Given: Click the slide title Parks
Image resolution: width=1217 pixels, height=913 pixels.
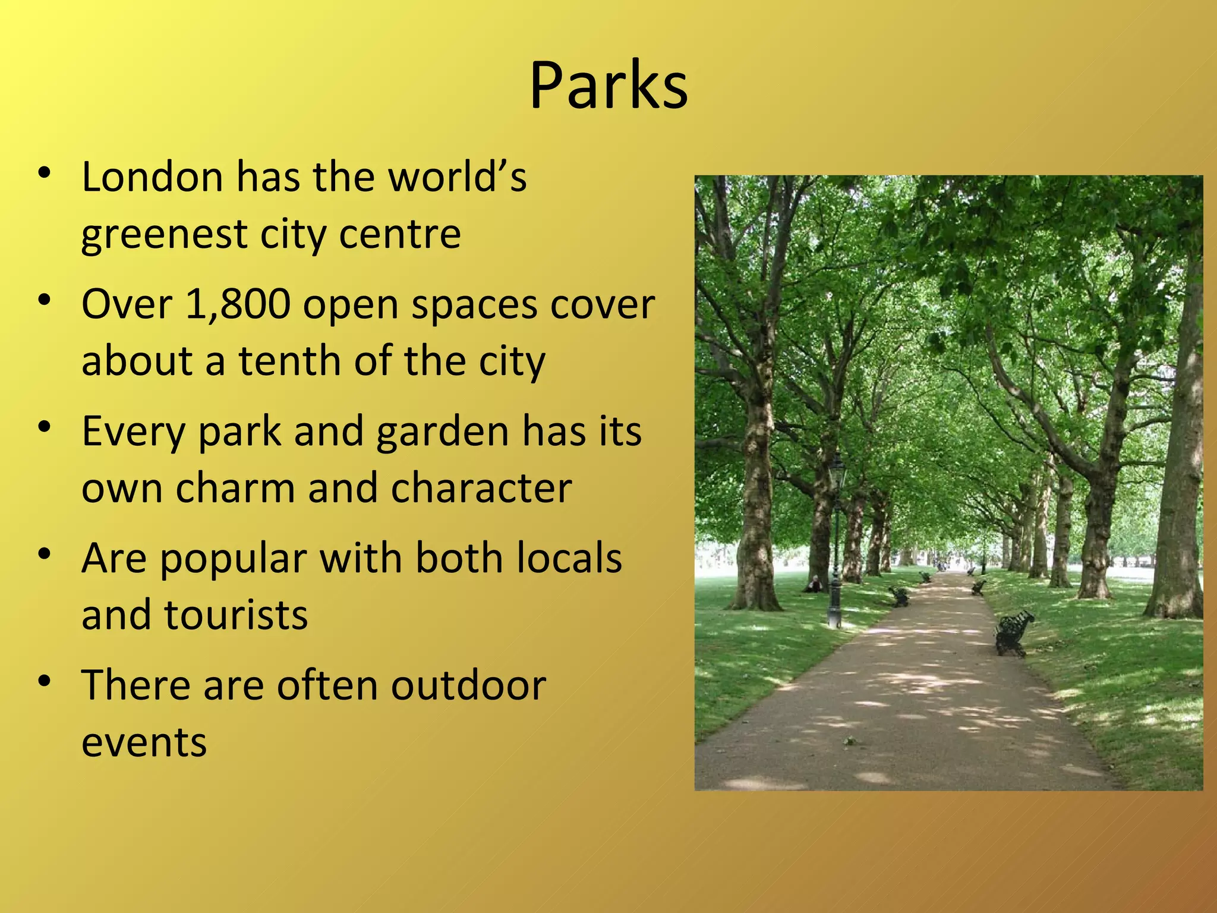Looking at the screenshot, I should (608, 86).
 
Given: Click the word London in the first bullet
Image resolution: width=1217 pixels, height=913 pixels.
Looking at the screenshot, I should (152, 177).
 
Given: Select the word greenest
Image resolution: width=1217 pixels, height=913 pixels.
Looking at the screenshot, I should (164, 235).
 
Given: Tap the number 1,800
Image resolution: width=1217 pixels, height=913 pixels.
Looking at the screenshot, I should (238, 304).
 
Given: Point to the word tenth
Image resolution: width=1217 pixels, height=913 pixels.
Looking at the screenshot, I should (289, 361).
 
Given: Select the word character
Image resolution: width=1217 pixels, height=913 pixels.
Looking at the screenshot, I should (481, 488).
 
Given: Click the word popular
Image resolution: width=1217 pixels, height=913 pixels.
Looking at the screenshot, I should (234, 559).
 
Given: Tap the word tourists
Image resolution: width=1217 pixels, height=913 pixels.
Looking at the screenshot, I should (236, 615).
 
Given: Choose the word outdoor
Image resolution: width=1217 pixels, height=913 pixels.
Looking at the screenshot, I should (468, 685).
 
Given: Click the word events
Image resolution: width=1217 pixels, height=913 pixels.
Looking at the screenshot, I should (144, 742).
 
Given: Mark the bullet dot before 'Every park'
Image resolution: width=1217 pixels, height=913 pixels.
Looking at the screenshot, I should (44, 427).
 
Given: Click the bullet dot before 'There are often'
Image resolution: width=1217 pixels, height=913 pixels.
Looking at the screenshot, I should (44, 681).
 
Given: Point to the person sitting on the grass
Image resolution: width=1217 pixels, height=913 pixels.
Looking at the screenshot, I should (814, 584).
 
